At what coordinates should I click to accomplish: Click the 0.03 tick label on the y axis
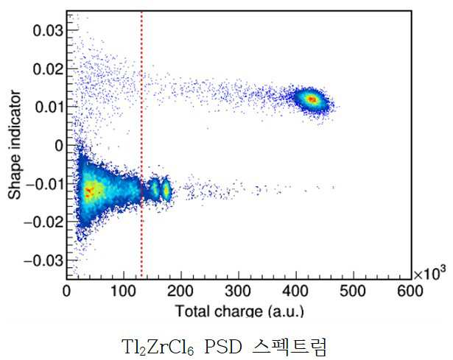[48, 30]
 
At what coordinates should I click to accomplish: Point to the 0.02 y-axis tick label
[48, 69]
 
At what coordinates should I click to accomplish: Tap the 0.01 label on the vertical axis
[49, 107]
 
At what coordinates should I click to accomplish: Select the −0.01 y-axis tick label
[45, 184]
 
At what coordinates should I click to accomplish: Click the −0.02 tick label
[43, 222]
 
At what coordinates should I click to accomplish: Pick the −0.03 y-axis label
[43, 261]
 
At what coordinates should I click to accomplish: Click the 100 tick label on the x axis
[123, 292]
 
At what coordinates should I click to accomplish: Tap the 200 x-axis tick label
[180, 292]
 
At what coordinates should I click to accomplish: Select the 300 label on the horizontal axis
[238, 292]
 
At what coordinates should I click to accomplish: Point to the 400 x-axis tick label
[295, 292]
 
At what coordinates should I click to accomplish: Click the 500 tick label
[353, 292]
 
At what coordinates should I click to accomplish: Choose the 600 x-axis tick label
[410, 292]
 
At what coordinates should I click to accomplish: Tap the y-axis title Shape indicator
[15, 145]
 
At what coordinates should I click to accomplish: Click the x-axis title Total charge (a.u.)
[240, 311]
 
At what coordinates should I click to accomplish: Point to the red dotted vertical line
[141, 144]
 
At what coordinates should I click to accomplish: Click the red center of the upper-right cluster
[312, 99]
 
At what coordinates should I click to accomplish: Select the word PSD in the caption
[223, 347]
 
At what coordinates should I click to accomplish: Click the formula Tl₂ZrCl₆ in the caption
[158, 347]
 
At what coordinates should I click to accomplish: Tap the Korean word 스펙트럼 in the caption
[289, 347]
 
